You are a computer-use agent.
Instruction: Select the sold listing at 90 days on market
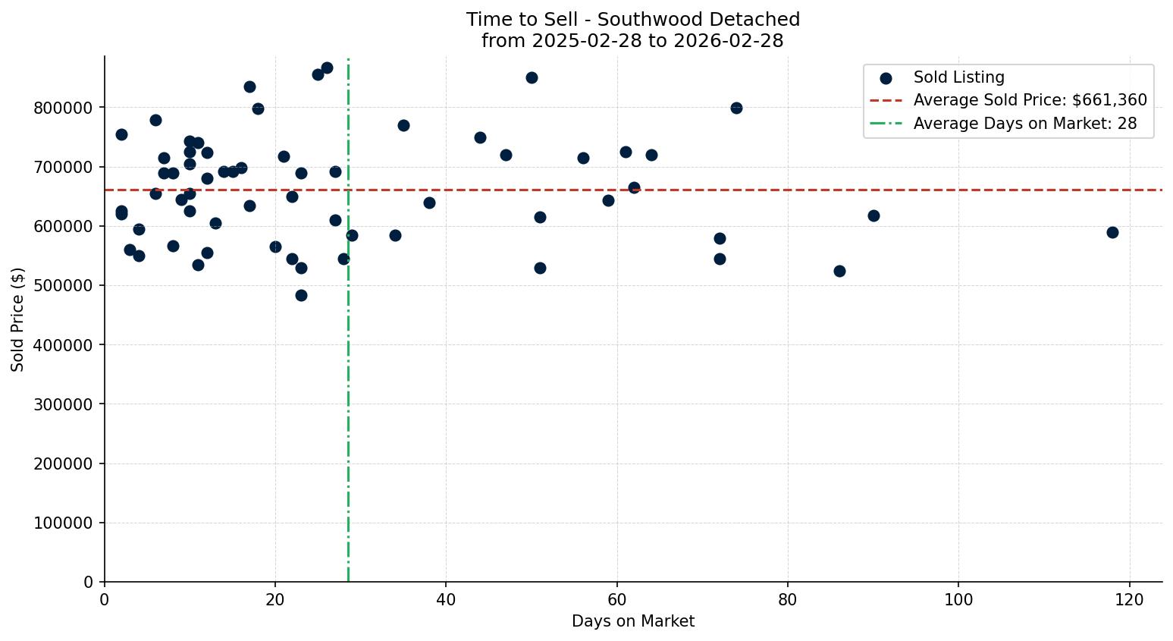[873, 215]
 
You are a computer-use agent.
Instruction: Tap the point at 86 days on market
[839, 271]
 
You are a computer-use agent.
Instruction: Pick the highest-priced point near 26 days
[327, 68]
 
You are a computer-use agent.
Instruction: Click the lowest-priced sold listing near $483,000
[301, 295]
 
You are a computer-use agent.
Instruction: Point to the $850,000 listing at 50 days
[532, 77]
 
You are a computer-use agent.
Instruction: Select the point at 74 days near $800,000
[736, 108]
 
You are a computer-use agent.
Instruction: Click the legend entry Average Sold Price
[1030, 100]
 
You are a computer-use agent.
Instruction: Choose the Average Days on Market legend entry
[1024, 124]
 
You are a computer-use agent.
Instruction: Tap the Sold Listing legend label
[958, 77]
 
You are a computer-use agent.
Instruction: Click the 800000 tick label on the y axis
[64, 108]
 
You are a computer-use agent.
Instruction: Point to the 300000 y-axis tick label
[64, 404]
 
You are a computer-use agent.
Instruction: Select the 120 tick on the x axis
[1130, 599]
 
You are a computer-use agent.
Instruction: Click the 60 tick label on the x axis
[617, 599]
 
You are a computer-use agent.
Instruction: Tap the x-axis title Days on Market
[633, 621]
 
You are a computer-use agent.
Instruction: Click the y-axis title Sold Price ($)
[18, 319]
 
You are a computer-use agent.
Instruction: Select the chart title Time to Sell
[633, 20]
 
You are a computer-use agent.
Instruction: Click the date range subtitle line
[633, 41]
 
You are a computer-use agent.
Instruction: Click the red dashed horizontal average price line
[758, 190]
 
